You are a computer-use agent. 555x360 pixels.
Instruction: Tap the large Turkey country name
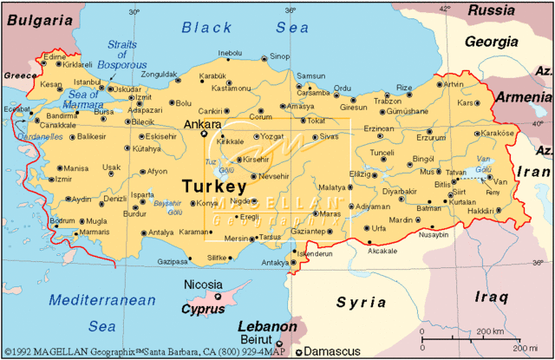pyautogui.click(x=214, y=187)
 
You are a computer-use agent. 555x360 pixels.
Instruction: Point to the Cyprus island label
pyautogui.click(x=203, y=309)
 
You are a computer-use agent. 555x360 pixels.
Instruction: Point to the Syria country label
pyautogui.click(x=362, y=303)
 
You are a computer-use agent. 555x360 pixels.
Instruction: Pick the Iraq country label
pyautogui.click(x=491, y=298)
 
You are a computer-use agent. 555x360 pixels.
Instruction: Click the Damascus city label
pyautogui.click(x=335, y=351)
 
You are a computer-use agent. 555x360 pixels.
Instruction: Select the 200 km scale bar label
pyautogui.click(x=490, y=331)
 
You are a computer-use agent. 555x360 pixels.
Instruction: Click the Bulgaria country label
pyautogui.click(x=38, y=18)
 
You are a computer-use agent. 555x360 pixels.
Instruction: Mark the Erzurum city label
pyautogui.click(x=431, y=137)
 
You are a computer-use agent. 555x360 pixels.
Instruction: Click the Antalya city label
pyautogui.click(x=161, y=232)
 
